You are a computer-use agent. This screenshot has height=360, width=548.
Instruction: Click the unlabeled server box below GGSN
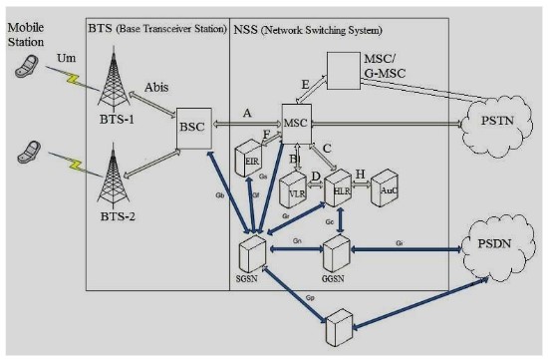click(x=338, y=327)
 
